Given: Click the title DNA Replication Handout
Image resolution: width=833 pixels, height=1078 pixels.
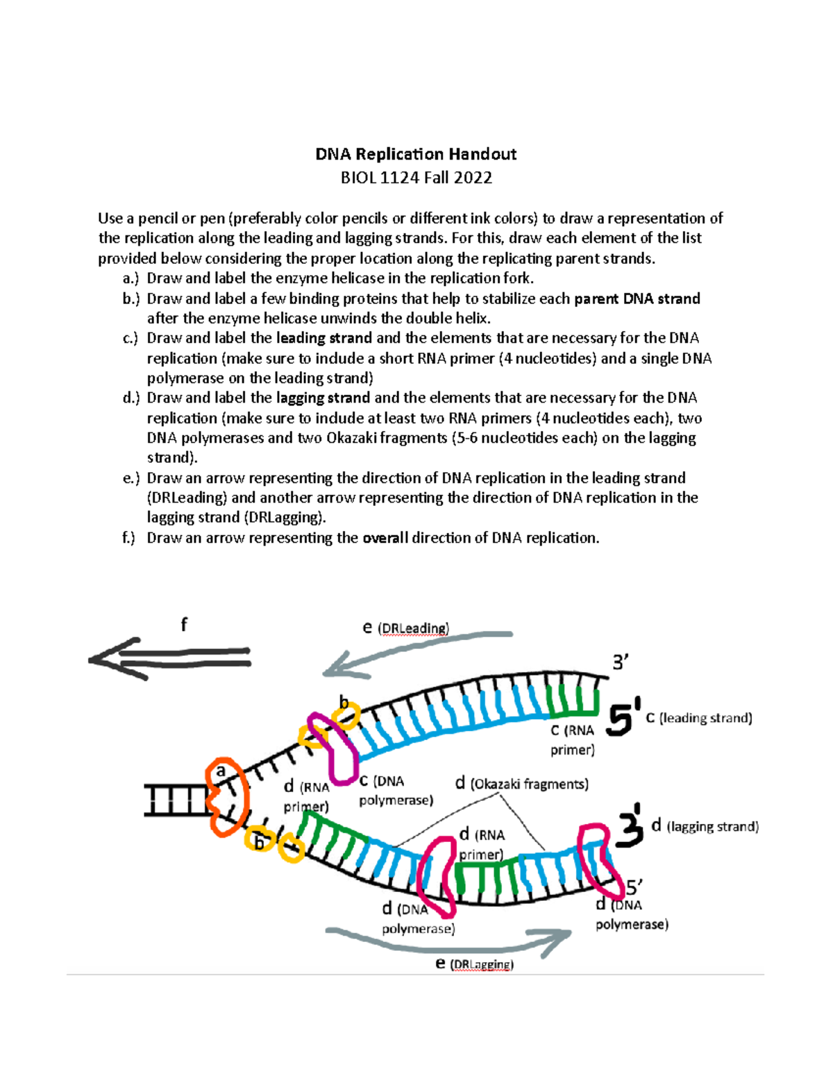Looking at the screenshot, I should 416,154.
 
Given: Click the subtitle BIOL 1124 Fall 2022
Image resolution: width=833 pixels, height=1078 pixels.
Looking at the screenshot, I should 416,178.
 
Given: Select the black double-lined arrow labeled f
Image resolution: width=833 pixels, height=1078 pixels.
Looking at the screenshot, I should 170,657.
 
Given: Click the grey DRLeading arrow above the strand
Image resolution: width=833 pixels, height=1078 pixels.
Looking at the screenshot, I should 416,649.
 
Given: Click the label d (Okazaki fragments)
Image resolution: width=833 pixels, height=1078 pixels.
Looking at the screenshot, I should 522,784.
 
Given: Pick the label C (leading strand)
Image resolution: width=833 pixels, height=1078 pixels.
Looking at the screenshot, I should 699,718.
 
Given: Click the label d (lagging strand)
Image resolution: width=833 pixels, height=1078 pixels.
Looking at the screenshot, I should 705,826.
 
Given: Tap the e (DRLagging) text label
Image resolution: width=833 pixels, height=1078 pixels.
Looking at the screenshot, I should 475,964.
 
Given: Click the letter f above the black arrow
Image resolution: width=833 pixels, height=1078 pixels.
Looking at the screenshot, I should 184,625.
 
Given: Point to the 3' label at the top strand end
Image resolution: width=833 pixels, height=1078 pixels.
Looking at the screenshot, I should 620,663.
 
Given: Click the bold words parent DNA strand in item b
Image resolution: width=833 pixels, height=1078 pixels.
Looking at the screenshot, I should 637,298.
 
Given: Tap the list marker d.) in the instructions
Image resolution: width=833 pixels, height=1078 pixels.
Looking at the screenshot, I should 131,398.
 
